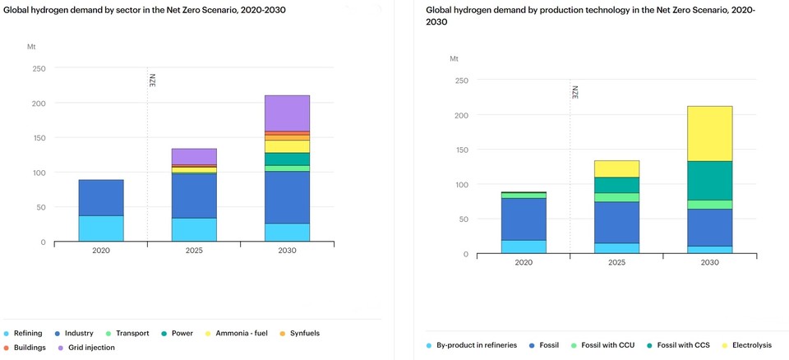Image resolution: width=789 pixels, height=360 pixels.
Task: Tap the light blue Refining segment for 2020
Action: point(101,228)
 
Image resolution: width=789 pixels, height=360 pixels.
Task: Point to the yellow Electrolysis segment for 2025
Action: point(616,168)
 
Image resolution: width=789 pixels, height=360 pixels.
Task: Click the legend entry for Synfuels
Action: point(305,333)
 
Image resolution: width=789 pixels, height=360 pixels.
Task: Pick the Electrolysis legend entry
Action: point(747,345)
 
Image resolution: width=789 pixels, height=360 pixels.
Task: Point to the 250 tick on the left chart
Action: point(39,69)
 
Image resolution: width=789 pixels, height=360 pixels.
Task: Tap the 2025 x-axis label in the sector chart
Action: point(194,251)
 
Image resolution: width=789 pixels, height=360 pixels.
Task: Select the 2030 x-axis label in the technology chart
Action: point(709,263)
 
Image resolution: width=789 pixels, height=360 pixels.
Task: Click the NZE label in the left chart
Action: point(152,81)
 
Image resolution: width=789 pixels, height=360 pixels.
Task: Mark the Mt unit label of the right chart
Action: point(454,59)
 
